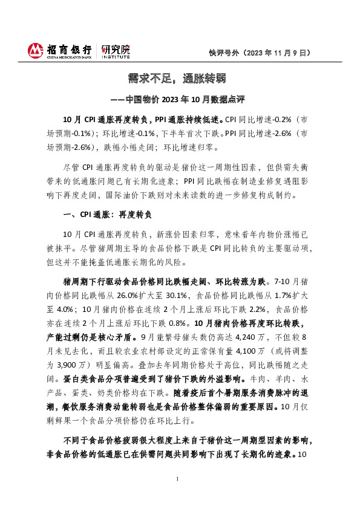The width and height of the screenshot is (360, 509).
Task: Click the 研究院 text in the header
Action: [x=116, y=49]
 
